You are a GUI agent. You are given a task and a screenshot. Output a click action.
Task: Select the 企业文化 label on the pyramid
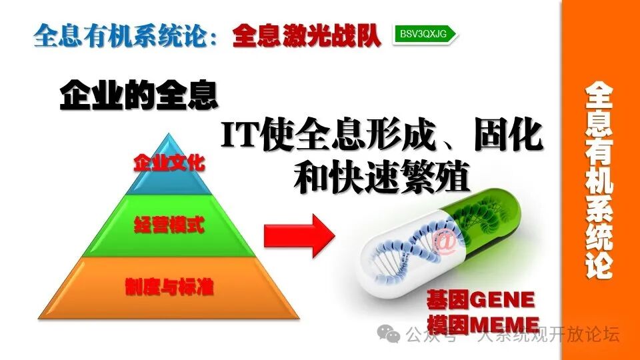[169, 163]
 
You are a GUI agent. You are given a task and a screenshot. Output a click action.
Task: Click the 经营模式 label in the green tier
[169, 224]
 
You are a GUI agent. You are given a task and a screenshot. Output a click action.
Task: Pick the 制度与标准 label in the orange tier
[169, 287]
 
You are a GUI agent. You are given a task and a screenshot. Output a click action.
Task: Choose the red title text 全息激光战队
[307, 35]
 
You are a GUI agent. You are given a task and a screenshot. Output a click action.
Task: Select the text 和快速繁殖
[382, 177]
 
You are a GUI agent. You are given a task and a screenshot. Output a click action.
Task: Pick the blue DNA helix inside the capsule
[407, 250]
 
